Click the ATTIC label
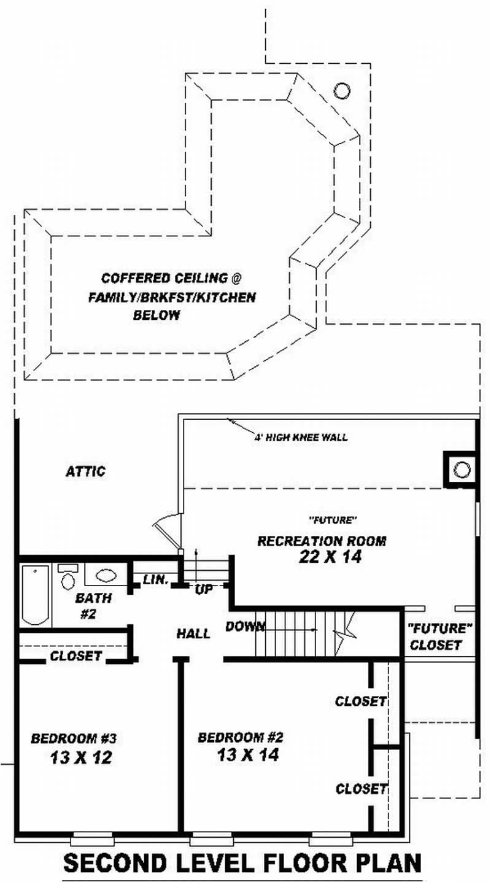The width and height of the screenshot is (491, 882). tap(85, 471)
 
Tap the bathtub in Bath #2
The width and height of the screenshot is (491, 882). tap(36, 595)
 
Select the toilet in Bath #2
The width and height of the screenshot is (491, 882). tap(68, 577)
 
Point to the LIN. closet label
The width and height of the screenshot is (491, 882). tap(155, 579)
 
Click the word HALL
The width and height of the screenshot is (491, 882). tap(193, 633)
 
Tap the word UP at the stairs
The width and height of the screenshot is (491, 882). tap(204, 589)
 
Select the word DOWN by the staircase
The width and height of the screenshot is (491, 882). tap(245, 627)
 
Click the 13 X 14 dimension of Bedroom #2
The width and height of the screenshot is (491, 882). tap(248, 754)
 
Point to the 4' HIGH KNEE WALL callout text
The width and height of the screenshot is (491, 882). tap(301, 438)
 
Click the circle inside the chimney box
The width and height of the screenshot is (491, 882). tap(462, 470)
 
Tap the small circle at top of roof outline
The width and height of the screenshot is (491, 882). tap(342, 91)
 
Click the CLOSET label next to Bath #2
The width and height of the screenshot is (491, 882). tap(75, 656)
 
